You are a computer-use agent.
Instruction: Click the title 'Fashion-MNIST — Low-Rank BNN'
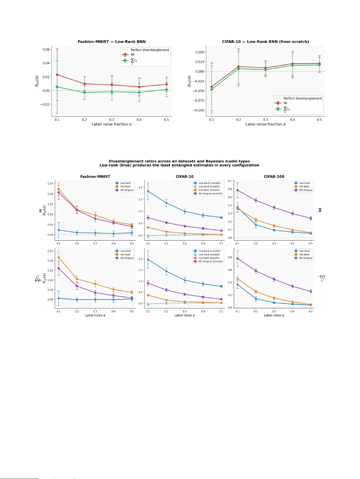[111, 42]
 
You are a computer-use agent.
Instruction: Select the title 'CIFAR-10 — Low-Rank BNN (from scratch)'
[265, 42]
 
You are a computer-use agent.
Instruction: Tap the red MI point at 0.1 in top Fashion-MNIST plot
[57, 75]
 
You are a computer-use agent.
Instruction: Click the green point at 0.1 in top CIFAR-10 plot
[211, 89]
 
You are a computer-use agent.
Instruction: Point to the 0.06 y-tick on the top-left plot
[46, 49]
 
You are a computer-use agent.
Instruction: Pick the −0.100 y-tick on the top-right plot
[198, 110]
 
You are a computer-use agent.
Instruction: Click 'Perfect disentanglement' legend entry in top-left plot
[149, 50]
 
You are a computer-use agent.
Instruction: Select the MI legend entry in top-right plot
[285, 103]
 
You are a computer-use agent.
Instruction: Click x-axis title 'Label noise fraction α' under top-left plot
[111, 124]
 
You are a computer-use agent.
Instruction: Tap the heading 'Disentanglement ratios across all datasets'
[179, 161]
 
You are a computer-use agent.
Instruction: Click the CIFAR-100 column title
[274, 176]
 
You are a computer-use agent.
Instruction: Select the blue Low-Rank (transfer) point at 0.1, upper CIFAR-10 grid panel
[148, 191]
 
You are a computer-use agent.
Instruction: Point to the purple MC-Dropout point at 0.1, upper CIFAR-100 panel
[237, 190]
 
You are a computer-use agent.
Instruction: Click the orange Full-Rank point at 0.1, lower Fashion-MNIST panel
[59, 257]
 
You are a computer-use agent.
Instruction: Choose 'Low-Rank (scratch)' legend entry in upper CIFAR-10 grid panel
[209, 186]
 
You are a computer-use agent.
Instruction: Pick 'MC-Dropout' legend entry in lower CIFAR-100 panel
[306, 258]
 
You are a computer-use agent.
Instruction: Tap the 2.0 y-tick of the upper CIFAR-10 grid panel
[140, 187]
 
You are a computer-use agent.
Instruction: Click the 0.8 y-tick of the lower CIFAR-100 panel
[230, 257]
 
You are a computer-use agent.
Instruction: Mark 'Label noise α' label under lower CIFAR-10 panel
[185, 315]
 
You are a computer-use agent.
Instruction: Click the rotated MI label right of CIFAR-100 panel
[320, 210]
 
